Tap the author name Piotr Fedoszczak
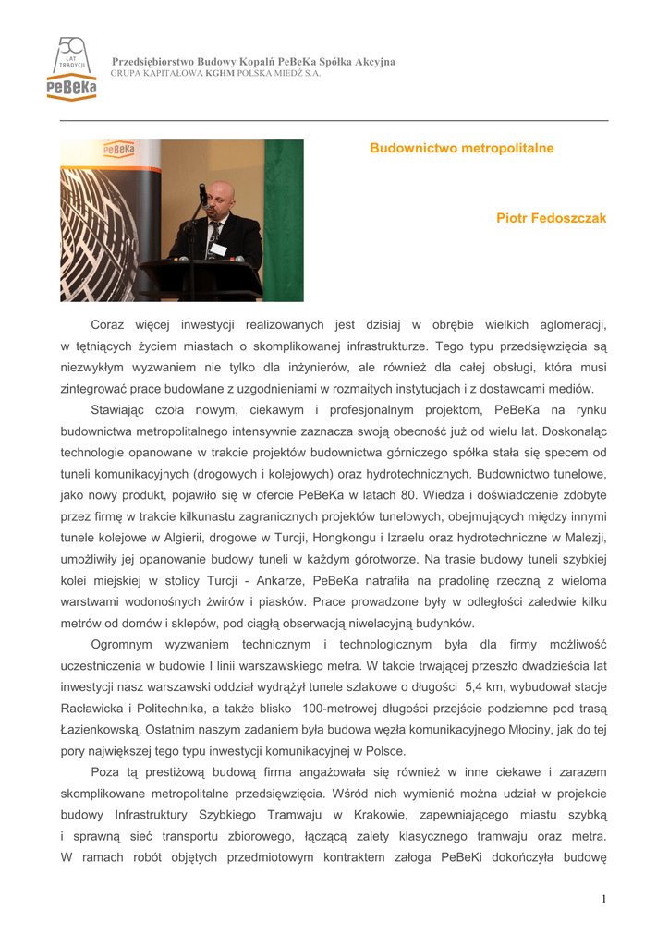[x=551, y=218]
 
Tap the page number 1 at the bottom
[x=603, y=899]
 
